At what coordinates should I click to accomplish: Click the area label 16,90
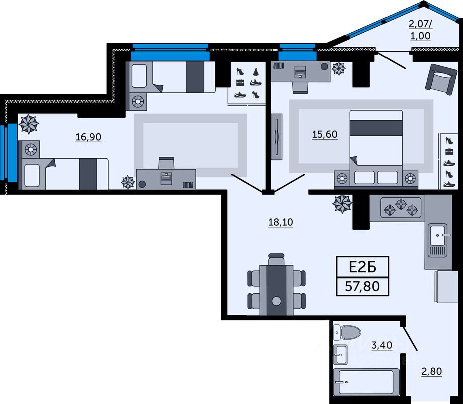pyautogui.click(x=88, y=137)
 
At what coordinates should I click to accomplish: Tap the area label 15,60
pyautogui.click(x=325, y=134)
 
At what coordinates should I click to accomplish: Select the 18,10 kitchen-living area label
pyautogui.click(x=281, y=221)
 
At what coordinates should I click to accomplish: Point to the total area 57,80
pyautogui.click(x=362, y=287)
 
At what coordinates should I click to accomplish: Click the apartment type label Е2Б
pyautogui.click(x=362, y=266)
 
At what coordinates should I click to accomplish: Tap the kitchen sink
pyautogui.click(x=438, y=235)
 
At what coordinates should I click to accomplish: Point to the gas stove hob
pyautogui.click(x=401, y=207)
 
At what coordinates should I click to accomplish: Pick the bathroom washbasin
pyautogui.click(x=341, y=354)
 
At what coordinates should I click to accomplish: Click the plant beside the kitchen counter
pyautogui.click(x=343, y=203)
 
